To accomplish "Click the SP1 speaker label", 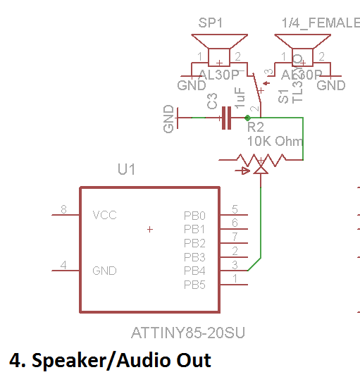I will (211, 23).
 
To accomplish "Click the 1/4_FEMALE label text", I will (321, 23).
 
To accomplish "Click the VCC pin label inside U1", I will (104, 214).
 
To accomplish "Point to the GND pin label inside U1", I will (104, 271).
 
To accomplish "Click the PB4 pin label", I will (194, 271).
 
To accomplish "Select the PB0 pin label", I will (194, 215).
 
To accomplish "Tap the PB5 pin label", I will (194, 285).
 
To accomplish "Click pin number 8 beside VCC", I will (63, 209).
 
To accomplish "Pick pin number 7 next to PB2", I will (235, 237).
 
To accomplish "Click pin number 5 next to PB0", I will (235, 209).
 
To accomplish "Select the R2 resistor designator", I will (255, 128).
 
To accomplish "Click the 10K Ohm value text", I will (275, 141).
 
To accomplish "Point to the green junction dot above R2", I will (247, 118).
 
